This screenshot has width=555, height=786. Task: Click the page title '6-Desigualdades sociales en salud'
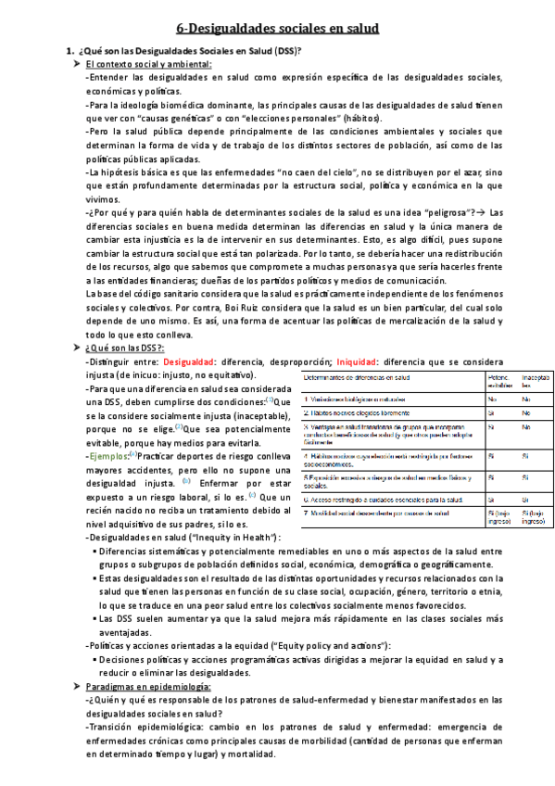click(278, 30)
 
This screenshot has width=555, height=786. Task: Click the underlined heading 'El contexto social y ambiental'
click(147, 64)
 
